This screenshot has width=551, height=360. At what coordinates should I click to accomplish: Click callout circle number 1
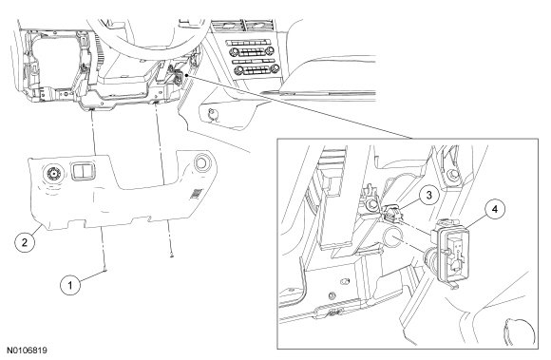70,285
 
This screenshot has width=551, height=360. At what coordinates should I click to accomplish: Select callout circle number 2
25,241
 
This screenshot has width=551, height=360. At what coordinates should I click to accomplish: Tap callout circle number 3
428,195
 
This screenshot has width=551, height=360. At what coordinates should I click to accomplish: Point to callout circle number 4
495,209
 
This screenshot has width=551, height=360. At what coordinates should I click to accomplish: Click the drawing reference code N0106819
27,351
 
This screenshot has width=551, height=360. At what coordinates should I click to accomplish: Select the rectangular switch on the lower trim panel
84,171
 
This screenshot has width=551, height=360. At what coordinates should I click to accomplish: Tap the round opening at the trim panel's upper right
201,162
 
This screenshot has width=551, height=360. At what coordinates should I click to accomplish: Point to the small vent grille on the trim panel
197,194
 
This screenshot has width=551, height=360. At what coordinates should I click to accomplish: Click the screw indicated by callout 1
105,270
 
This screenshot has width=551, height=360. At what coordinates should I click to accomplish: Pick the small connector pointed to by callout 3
392,213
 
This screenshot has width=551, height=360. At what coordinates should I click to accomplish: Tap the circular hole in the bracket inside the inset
393,238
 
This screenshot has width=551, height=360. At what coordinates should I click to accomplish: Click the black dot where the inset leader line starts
186,74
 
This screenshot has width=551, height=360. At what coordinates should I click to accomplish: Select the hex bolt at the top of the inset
452,174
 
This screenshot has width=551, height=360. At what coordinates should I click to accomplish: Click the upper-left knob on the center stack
234,52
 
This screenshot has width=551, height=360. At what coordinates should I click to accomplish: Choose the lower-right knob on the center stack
275,68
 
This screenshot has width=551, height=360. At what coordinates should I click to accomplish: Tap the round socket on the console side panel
212,114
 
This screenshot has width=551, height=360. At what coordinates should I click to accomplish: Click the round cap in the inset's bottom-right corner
519,332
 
